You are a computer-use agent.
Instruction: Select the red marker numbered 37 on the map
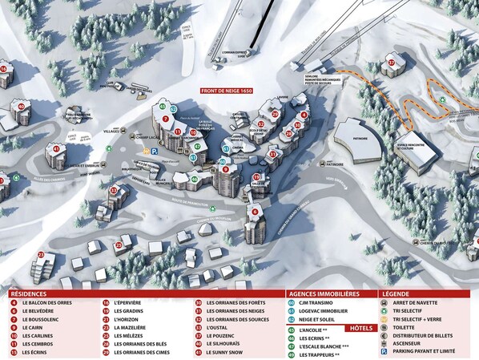(392, 62)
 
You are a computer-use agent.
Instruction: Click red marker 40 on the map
(22, 106)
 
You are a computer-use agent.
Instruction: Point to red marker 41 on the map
(56, 148)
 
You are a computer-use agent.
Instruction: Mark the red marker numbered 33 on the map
(114, 190)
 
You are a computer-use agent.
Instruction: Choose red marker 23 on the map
(40, 255)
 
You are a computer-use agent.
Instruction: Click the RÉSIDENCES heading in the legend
(30, 293)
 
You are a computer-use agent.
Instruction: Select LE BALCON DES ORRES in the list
(49, 303)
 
